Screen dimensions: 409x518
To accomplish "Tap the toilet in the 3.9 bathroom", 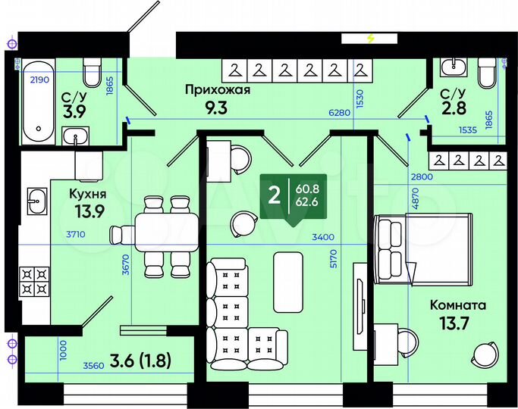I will click(x=93, y=73).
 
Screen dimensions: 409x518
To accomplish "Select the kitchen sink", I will click(x=35, y=201).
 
